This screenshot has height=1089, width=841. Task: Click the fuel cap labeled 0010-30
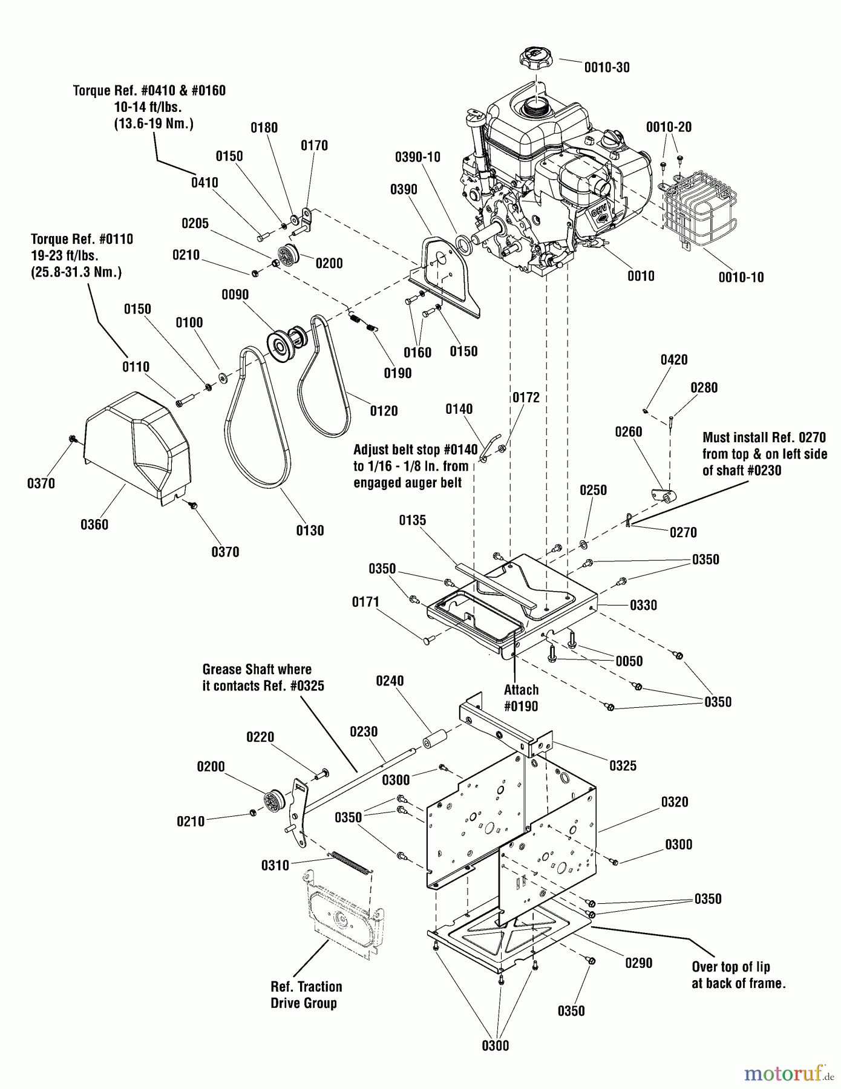pyautogui.click(x=536, y=60)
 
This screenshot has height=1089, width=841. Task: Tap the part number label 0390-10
pyautogui.click(x=417, y=157)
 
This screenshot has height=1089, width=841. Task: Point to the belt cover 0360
pyautogui.click(x=137, y=448)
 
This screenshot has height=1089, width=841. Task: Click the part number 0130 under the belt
pyautogui.click(x=310, y=531)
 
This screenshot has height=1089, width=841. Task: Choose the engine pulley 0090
pyautogui.click(x=288, y=342)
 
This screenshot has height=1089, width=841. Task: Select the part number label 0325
pyautogui.click(x=623, y=765)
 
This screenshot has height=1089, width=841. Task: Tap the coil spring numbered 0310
pyautogui.click(x=350, y=863)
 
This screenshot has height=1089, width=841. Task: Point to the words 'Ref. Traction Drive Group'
pyautogui.click(x=306, y=995)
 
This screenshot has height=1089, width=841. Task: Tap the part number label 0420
pyautogui.click(x=673, y=360)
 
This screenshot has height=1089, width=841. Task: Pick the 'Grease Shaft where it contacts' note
pyautogui.click(x=263, y=678)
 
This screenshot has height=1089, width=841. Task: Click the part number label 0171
pyautogui.click(x=365, y=602)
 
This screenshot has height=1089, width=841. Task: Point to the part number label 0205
pyautogui.click(x=195, y=223)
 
